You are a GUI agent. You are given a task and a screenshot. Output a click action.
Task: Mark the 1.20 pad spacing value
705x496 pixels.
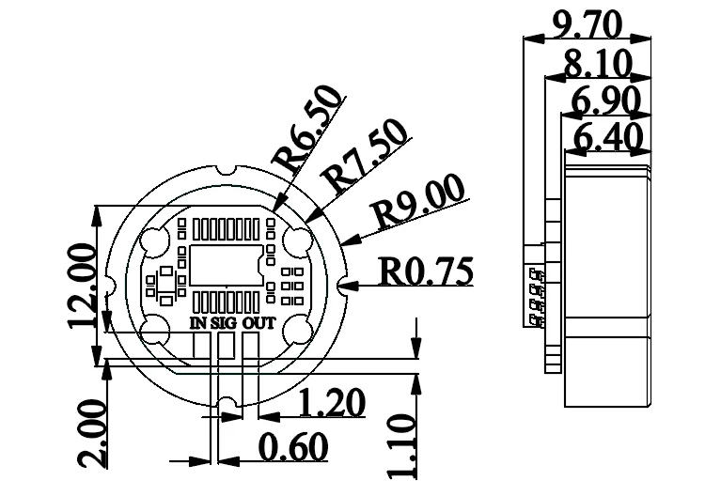tap(331, 404)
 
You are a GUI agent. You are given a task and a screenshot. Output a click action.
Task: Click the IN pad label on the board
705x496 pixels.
tap(197, 323)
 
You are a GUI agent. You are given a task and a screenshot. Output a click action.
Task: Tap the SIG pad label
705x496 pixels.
tap(224, 323)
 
